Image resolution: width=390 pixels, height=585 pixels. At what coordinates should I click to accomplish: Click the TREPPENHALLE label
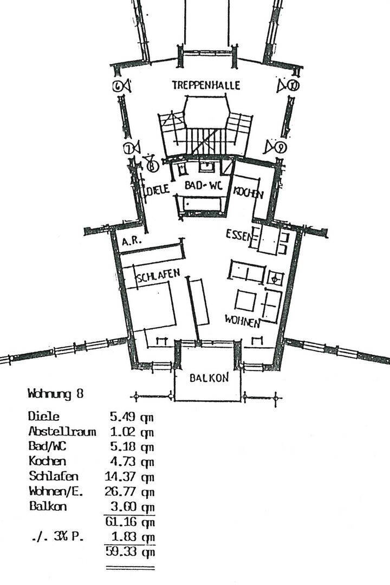(x=206, y=86)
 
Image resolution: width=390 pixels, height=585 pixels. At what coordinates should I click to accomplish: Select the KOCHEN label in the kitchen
(x=249, y=192)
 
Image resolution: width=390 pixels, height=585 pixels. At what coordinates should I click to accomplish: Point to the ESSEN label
(x=238, y=235)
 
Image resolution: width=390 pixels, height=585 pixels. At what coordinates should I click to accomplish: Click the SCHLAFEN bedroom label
(x=158, y=277)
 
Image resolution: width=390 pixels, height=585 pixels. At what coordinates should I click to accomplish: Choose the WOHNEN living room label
(x=243, y=321)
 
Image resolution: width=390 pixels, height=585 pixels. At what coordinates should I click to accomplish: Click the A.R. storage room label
(x=132, y=243)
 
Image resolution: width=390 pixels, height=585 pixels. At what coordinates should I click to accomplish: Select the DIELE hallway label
(x=158, y=190)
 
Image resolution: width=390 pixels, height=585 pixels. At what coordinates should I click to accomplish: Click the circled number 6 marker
(x=118, y=86)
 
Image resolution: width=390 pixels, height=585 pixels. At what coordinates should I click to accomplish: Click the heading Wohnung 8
(x=56, y=394)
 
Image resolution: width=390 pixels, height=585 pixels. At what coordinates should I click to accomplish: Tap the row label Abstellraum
(x=62, y=432)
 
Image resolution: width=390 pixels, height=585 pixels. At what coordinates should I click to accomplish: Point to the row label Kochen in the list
(x=47, y=461)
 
